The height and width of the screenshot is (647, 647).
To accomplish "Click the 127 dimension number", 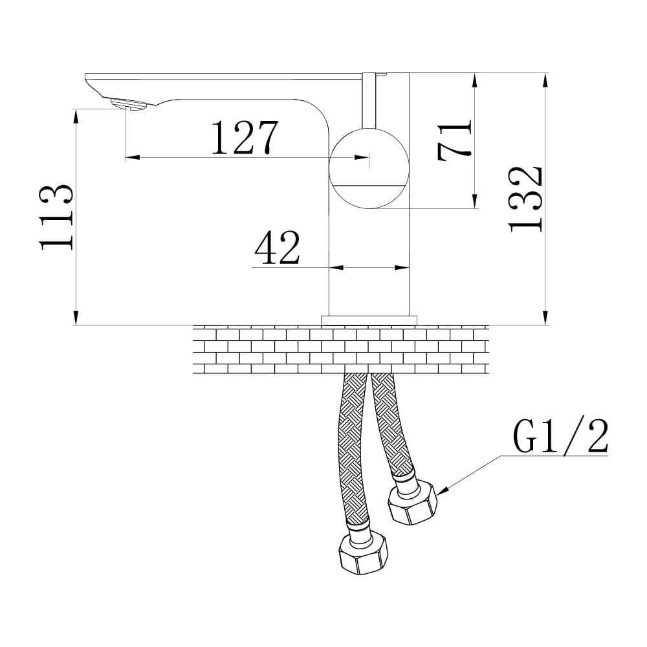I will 244,137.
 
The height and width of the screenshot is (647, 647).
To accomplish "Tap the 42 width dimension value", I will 277,248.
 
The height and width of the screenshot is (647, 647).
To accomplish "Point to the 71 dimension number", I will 455,141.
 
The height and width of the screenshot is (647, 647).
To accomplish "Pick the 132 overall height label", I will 525,199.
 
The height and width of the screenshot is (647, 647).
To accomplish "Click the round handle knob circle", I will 369,168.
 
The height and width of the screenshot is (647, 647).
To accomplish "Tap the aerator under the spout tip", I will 130,104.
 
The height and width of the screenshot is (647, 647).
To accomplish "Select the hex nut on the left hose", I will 364,554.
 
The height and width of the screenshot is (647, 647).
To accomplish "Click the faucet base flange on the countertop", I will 369,319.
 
